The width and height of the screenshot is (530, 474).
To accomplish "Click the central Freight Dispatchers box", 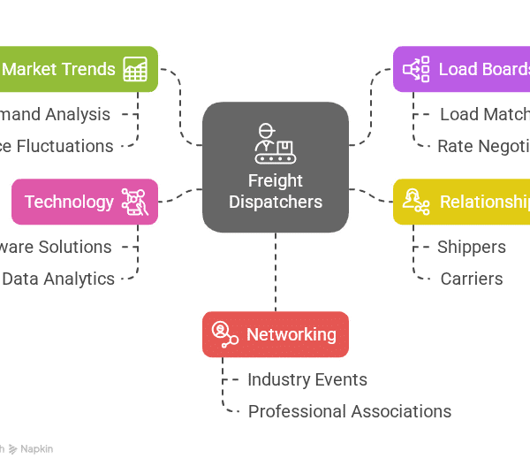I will coord(275,167).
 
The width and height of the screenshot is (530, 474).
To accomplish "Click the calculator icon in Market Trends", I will coord(135,69).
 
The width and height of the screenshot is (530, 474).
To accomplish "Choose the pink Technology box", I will coord(84,202).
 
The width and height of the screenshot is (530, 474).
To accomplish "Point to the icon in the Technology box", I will coord(133,202).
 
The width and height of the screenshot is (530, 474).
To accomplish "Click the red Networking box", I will coord(275,334).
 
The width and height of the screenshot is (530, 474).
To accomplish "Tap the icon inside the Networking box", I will coord(224,334).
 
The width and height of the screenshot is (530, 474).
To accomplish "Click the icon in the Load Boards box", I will coord(416,69).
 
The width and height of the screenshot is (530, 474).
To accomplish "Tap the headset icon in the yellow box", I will coord(415,202).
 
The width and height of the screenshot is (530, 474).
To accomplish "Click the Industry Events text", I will coord(307,379).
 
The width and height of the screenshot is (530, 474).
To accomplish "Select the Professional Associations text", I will coord(349,411).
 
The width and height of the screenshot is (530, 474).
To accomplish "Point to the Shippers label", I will coord(471,247).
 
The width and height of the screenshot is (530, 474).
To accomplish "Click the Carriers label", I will coord(471,279).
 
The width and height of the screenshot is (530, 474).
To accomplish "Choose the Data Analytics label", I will coord(58,279).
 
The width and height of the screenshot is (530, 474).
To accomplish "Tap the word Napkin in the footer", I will coord(37,449).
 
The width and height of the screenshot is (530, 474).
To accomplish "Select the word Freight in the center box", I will coord(275,180).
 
